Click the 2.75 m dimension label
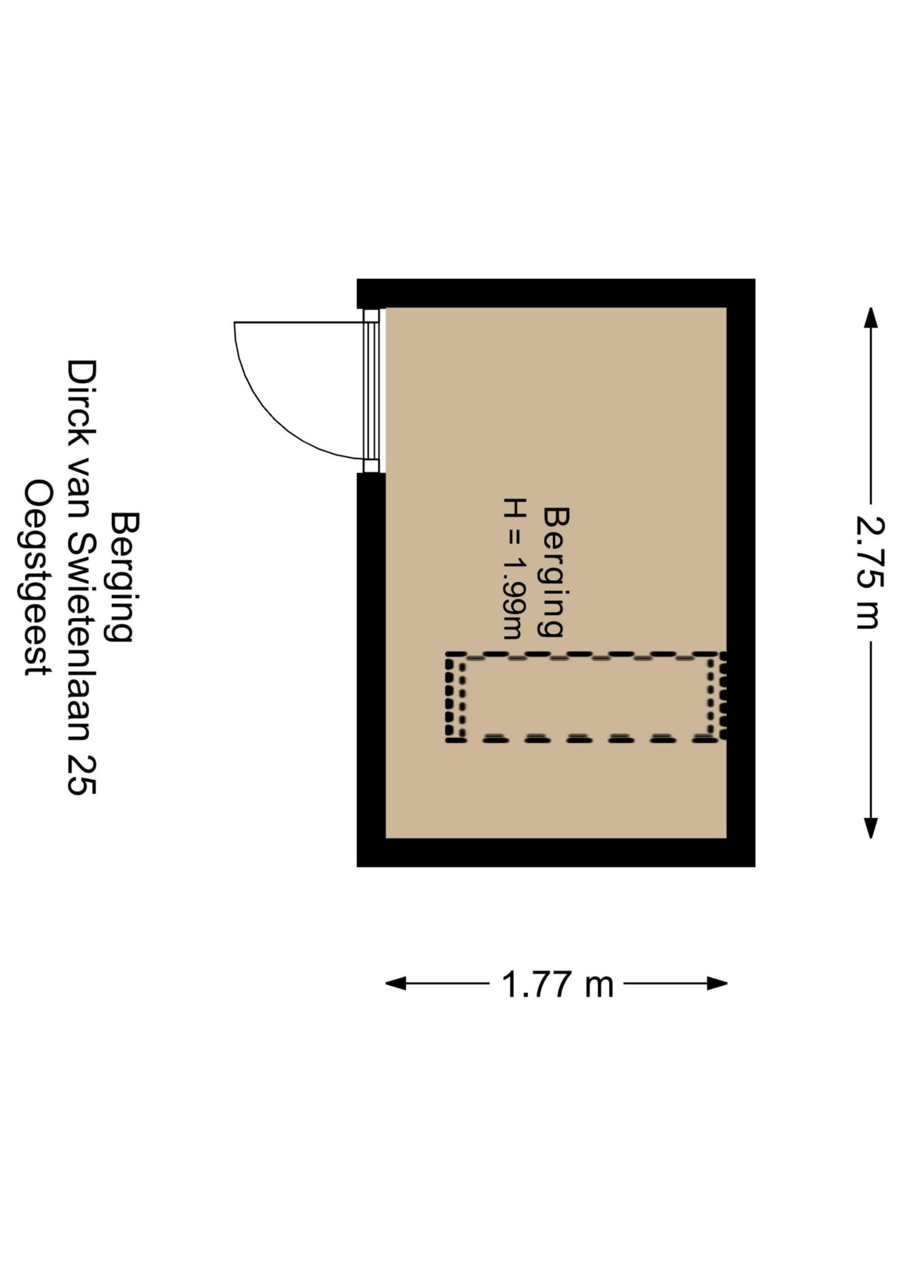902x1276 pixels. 870,573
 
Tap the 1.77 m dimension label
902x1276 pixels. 558,985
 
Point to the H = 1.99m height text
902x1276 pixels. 515,568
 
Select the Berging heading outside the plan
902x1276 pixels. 123,577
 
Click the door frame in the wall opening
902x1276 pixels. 371,391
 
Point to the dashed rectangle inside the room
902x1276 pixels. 586,697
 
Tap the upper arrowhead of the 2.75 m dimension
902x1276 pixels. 870,317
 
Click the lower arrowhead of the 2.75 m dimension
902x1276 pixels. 870,828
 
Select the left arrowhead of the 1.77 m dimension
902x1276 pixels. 396,984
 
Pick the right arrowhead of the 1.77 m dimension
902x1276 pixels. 717,984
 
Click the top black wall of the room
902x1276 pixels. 556,293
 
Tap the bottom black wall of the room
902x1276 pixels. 556,852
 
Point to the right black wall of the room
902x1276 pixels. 741,573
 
